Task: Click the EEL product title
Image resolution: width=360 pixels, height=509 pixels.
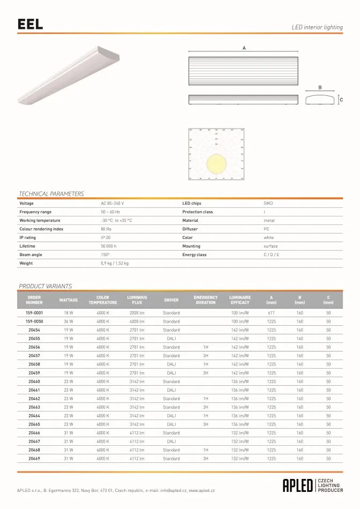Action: pyautogui.click(x=30, y=24)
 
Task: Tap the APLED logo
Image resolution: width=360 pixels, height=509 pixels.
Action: pyautogui.click(x=298, y=485)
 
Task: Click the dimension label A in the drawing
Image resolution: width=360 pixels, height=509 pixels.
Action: pyautogui.click(x=244, y=48)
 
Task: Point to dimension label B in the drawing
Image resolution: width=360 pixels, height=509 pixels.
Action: pyautogui.click(x=320, y=87)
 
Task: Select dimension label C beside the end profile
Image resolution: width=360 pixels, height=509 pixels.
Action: pyautogui.click(x=341, y=100)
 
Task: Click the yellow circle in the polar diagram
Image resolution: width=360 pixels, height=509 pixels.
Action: pyautogui.click(x=216, y=162)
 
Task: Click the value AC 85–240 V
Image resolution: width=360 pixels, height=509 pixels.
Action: pyautogui.click(x=112, y=204)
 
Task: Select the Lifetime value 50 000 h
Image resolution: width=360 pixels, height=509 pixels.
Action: pyautogui.click(x=109, y=246)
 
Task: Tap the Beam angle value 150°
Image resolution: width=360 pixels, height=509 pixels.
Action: pyautogui.click(x=105, y=254)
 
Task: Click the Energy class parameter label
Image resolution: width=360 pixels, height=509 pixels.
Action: pyautogui.click(x=194, y=254)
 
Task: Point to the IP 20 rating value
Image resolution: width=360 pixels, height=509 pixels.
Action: pyautogui.click(x=106, y=237)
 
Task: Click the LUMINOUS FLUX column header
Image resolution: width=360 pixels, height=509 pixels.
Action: pyautogui.click(x=137, y=300)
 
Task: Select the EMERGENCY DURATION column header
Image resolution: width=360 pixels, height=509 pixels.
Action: pyautogui.click(x=206, y=300)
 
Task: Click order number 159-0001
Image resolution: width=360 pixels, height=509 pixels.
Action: pyautogui.click(x=34, y=312)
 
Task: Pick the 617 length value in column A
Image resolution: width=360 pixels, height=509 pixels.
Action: pyautogui.click(x=271, y=312)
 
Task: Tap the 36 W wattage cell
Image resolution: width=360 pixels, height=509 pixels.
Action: pyautogui.click(x=69, y=321)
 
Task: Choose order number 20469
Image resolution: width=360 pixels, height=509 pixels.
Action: pyautogui.click(x=34, y=459)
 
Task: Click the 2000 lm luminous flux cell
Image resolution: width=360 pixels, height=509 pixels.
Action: pyautogui.click(x=137, y=312)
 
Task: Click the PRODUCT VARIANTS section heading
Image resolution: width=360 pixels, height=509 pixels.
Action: pyautogui.click(x=45, y=286)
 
